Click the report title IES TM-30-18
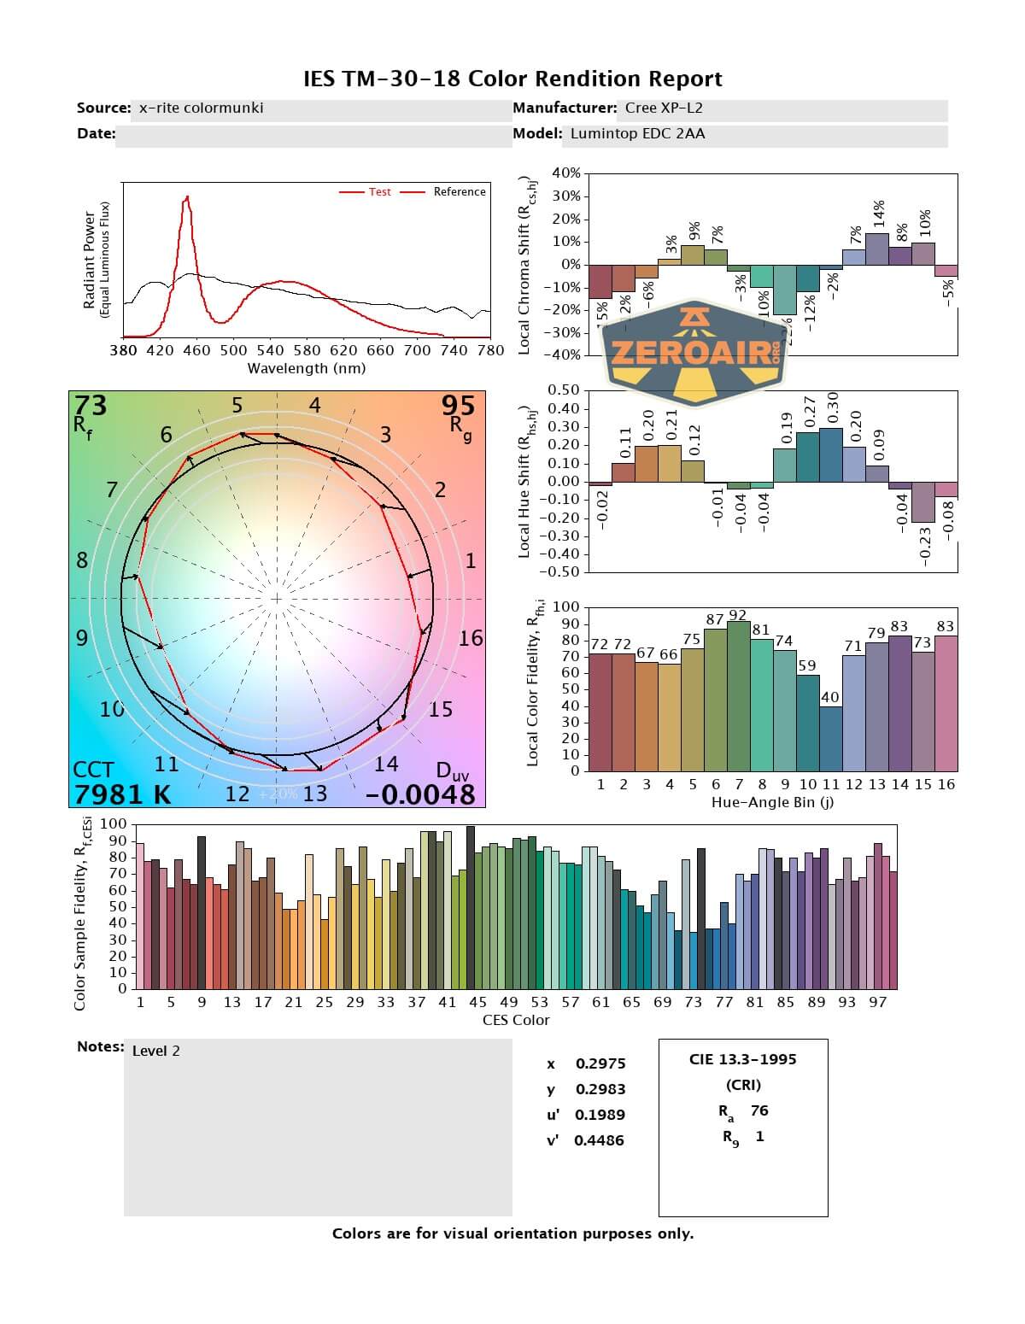coord(512,79)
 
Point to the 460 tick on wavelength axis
coord(196,350)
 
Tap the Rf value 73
coord(91,405)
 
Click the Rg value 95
coord(458,405)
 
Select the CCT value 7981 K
coord(122,794)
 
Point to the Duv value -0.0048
coord(420,794)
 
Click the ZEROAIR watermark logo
coord(694,351)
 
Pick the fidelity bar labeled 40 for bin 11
coord(830,738)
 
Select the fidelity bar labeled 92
coord(738,695)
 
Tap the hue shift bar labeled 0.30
coord(831,454)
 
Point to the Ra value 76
coord(759,1110)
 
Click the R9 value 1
coord(759,1136)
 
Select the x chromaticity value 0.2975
coord(600,1063)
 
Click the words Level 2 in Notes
coord(156,1051)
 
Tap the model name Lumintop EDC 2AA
coord(637,133)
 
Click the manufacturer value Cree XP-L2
coord(664,108)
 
